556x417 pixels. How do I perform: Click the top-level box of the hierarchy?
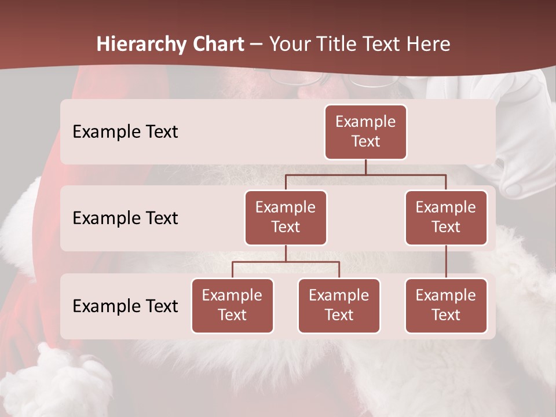pos(365,132)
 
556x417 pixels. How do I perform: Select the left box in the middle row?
pos(286,218)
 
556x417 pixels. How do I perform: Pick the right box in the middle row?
pos(446,218)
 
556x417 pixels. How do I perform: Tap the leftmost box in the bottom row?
pos(232,306)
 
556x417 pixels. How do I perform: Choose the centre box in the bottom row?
pos(339,306)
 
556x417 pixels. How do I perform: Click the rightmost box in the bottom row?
pos(446,306)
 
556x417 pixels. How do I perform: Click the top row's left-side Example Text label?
pos(125,132)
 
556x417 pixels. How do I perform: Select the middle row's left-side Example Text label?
pos(125,218)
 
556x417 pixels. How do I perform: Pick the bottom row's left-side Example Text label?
pos(125,306)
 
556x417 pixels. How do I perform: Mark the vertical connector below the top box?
pos(365,167)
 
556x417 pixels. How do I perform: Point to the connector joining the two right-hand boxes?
pos(446,262)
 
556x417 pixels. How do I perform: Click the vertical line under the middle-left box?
pos(286,253)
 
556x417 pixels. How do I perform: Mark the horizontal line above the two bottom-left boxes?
pos(286,262)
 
